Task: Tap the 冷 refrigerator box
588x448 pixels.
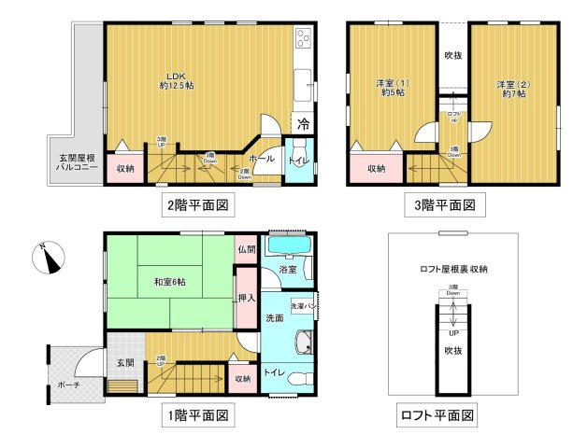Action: coord(303,122)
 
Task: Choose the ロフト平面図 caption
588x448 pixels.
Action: coord(438,414)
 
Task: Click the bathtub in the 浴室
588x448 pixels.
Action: coord(291,246)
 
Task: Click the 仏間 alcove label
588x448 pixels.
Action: coord(245,249)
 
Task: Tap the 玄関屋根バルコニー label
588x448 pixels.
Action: coord(74,161)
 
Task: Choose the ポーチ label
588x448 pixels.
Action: coord(66,384)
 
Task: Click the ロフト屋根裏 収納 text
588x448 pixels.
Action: coord(453,269)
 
